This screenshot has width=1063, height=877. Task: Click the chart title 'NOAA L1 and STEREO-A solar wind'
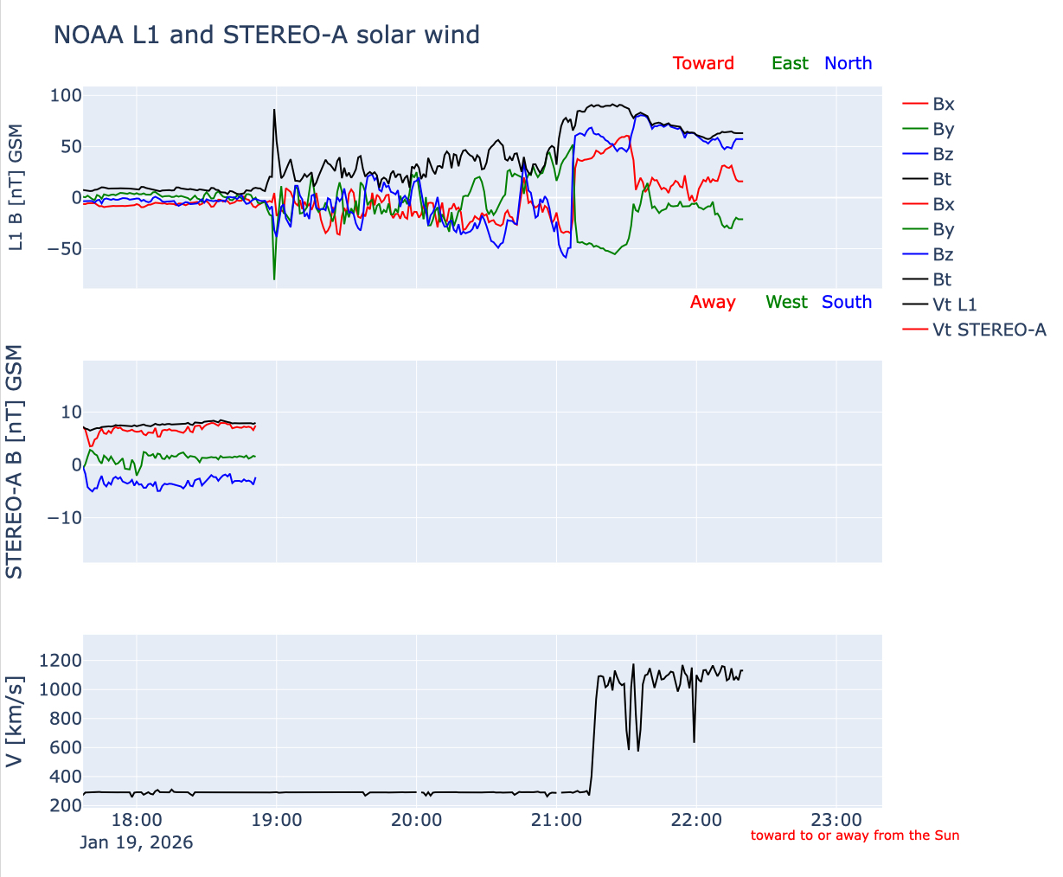(266, 35)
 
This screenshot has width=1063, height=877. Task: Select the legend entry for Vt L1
(954, 304)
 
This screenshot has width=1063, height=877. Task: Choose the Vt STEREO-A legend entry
(989, 330)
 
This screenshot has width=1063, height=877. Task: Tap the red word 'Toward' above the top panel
(703, 63)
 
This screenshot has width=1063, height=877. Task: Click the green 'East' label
(790, 63)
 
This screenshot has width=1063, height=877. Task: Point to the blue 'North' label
(848, 63)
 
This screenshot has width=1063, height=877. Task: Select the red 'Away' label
(713, 302)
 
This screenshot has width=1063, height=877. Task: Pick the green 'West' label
(786, 302)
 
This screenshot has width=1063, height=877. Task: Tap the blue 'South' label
(847, 302)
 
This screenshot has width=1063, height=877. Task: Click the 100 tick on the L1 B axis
(66, 95)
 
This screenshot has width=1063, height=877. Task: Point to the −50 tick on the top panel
(61, 249)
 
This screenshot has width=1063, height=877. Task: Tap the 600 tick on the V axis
(66, 747)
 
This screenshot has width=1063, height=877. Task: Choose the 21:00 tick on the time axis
(556, 820)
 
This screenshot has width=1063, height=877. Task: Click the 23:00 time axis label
(836, 820)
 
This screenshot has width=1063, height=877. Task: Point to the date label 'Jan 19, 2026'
(137, 842)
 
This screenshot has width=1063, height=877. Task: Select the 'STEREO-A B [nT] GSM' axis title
(15, 462)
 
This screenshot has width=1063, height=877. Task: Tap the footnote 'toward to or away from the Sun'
(855, 835)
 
